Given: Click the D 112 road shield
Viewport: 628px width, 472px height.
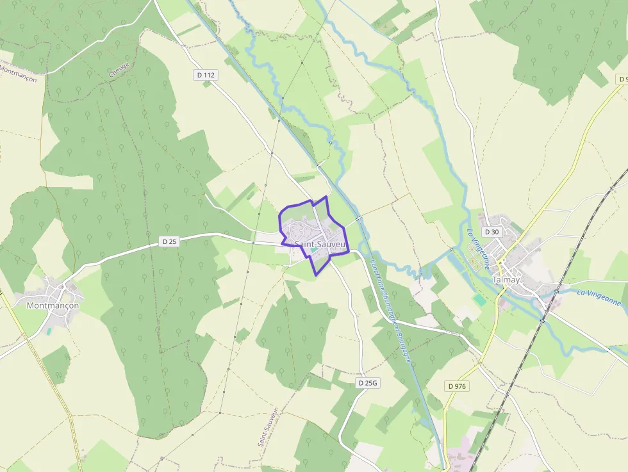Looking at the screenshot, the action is pos(206,75).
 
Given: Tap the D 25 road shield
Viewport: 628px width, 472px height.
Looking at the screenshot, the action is pos(169,241).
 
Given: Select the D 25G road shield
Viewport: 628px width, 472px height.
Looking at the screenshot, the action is pos(368,382).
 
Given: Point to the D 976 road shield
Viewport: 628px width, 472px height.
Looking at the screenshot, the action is pos(457,386).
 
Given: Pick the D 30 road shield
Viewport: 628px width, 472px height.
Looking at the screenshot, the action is pos(492,231).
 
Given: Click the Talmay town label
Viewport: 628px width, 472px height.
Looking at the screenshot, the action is pos(506,280).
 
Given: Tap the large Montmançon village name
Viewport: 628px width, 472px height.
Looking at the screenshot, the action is pos(53,305).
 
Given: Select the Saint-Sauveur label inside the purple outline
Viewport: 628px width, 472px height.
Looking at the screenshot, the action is pos(320,244).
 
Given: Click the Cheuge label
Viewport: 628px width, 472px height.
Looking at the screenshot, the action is pos(119,69).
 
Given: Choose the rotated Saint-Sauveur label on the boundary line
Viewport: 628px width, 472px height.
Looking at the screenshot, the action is pos(267,426).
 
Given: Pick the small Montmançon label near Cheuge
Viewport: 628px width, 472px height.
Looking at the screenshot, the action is pos(18,71).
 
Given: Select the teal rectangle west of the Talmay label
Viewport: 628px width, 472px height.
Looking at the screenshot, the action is pos(479,299).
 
